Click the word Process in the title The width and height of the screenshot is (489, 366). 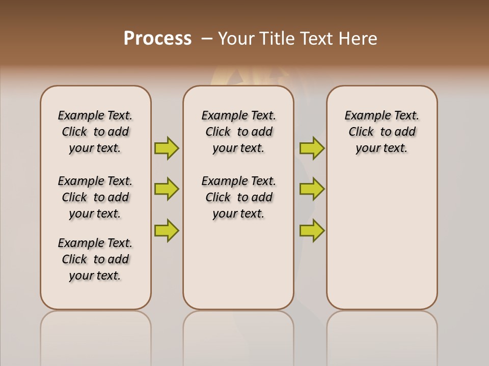157,38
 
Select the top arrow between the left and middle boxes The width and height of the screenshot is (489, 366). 167,148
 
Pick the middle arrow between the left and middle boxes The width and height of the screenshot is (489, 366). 167,189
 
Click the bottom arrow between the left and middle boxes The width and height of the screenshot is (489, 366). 167,230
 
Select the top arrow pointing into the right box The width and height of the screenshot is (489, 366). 312,148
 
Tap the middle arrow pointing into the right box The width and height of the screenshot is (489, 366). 312,189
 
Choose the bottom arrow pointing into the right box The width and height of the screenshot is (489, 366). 312,230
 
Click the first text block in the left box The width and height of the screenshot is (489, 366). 95,132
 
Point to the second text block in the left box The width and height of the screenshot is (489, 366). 95,197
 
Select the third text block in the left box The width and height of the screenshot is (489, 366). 95,259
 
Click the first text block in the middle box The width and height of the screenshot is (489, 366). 238,132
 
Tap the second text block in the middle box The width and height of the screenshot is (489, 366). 238,197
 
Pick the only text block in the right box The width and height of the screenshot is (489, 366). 382,132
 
